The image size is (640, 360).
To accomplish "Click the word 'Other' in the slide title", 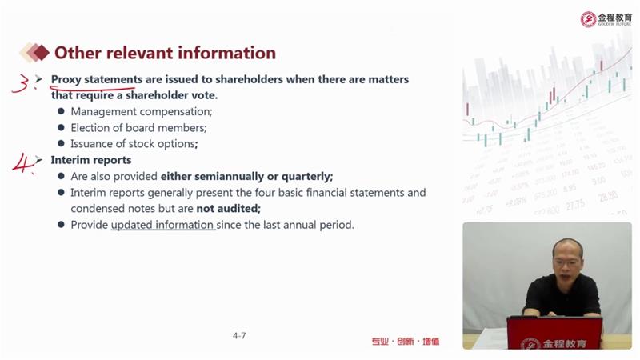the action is [78, 53].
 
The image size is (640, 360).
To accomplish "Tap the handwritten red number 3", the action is [21, 83].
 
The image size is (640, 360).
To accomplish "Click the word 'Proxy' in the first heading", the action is [66, 79].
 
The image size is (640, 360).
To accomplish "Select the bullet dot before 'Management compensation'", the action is [62, 111].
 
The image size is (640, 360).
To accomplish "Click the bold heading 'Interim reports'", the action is [91, 160].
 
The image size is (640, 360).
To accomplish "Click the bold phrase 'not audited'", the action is [227, 209].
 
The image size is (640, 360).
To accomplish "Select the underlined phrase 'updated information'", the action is [162, 225].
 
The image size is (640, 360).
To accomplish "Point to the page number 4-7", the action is [239, 335].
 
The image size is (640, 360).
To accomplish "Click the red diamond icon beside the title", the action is [42, 53].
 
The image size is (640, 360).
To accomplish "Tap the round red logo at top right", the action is [588, 19].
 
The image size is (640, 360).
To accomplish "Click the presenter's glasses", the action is [567, 262].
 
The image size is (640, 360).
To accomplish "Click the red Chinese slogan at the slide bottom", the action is [406, 342].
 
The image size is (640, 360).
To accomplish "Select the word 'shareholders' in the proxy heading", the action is [249, 79].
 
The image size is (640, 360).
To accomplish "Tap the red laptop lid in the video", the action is [554, 333].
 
